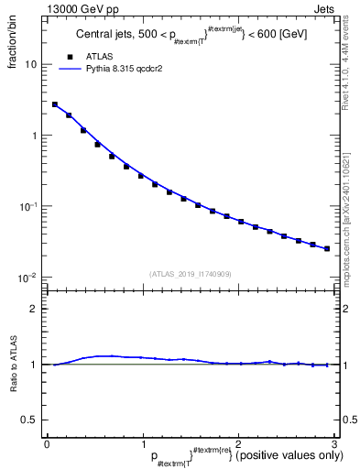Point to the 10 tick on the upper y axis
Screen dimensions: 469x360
point(35,65)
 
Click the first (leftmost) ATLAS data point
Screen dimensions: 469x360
point(55,104)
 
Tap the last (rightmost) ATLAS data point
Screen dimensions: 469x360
point(327,248)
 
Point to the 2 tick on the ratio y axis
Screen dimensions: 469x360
point(38,309)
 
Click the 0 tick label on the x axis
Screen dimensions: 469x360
point(47,442)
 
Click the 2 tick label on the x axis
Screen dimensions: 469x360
point(238,442)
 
